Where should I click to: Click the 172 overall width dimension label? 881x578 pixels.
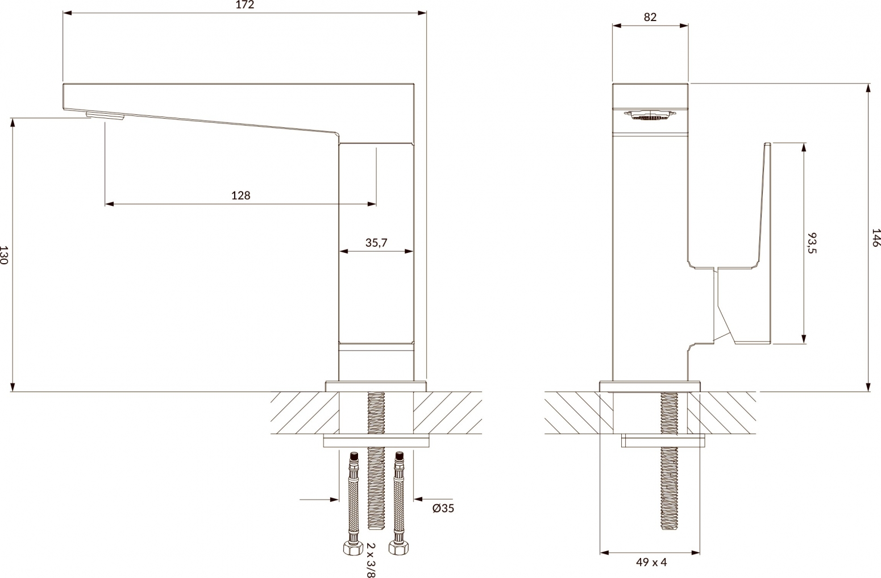tap(244, 5)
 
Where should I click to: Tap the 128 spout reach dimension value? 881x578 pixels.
tap(240, 196)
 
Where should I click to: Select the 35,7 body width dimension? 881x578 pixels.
tap(376, 243)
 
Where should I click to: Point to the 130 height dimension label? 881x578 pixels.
tap(4, 255)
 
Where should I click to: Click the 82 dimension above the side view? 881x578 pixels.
tap(650, 17)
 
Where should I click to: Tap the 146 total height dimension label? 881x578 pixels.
tap(875, 238)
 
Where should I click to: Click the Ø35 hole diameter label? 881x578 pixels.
tap(443, 509)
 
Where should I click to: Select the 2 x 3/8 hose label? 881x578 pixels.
tap(371, 560)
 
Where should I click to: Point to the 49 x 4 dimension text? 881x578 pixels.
tap(651, 562)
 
